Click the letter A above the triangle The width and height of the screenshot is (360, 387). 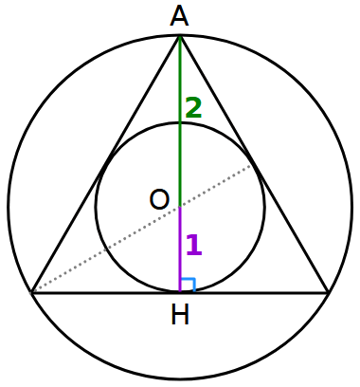tap(180, 16)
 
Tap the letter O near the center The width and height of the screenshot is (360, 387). tap(159, 199)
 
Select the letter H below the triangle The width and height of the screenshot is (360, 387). tap(180, 314)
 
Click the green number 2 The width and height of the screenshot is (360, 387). tap(193, 108)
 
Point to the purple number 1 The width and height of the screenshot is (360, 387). tap(193, 246)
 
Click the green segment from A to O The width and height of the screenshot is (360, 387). tap(180, 142)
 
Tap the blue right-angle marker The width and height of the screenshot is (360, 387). tap(187, 285)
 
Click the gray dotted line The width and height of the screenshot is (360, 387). tap(104, 250)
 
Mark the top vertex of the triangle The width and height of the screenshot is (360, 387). tap(180, 35)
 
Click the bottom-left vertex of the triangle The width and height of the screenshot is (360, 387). tap(32, 292)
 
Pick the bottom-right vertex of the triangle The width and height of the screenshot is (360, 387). tap(328, 292)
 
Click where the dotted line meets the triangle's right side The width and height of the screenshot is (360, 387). tap(254, 164)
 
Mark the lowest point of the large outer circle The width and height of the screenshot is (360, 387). tap(180, 378)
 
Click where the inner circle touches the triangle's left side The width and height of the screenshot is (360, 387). tap(106, 164)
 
